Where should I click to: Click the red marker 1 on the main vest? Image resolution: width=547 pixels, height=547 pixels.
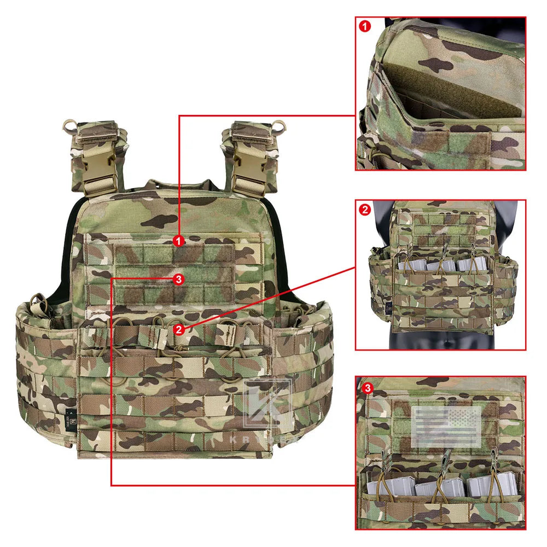coord(178,240)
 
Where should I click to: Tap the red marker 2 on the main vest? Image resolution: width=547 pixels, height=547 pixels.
coord(178,329)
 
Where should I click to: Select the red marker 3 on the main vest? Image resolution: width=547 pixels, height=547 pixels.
coord(178,279)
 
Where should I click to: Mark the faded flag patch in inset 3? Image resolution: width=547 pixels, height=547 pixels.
coord(446,427)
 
